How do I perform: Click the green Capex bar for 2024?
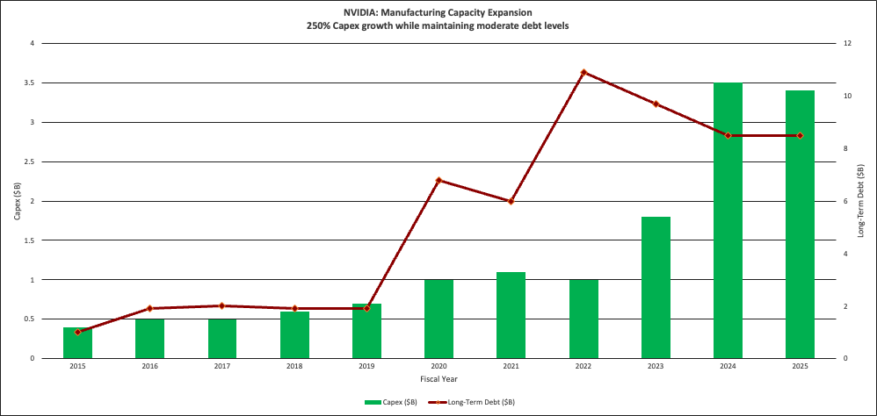(728, 219)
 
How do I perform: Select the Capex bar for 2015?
(77, 342)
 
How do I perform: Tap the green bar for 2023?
(656, 287)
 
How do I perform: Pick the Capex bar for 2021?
(511, 315)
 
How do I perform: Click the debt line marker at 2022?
(583, 72)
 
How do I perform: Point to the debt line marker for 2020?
(438, 180)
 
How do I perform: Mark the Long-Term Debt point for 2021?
(511, 201)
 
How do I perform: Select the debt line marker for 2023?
(656, 104)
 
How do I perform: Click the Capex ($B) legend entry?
(391, 401)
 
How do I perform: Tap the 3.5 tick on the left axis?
(32, 82)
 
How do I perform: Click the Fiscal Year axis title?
(438, 378)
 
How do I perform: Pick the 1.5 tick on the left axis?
(32, 240)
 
